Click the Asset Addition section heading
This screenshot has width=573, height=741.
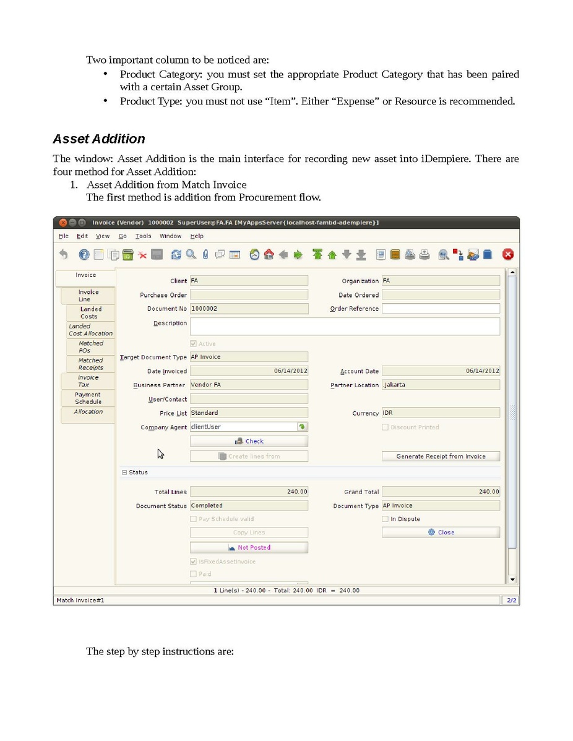pos(99,139)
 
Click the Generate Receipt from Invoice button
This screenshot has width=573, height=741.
pos(441,456)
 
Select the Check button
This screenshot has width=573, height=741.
pos(249,442)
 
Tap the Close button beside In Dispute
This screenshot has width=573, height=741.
pos(441,533)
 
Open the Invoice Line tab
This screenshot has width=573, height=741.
pos(88,296)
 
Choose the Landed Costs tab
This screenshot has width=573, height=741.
pos(90,312)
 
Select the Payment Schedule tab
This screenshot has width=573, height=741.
pos(88,398)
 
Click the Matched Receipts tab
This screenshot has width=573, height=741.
pos(90,364)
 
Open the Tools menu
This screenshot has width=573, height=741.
pos(143,236)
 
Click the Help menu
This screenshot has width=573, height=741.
pos(197,236)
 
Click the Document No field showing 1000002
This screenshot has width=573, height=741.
pos(249,309)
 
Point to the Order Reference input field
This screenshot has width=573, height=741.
pos(441,309)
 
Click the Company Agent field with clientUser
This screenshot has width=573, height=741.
pos(243,427)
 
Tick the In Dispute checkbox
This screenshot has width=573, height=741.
pos(386,519)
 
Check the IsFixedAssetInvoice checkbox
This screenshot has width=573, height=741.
pos(194,562)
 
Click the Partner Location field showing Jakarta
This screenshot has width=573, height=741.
pos(441,385)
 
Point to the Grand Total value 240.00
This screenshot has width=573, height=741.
pos(441,492)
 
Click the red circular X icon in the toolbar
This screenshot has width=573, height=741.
pos(507,254)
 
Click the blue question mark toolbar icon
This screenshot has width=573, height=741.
pos(84,254)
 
